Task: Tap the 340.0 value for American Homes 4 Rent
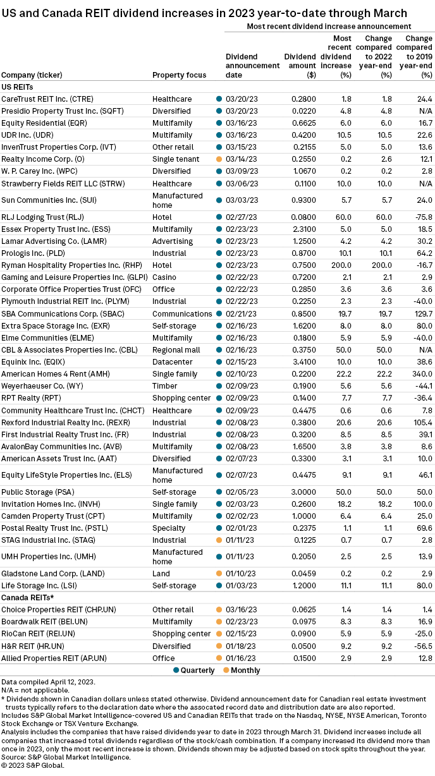422,374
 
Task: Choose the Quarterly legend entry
195,670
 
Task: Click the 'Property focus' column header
179,75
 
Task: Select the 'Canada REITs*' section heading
27,597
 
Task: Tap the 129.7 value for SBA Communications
421,314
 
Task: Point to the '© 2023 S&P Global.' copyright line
33,765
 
